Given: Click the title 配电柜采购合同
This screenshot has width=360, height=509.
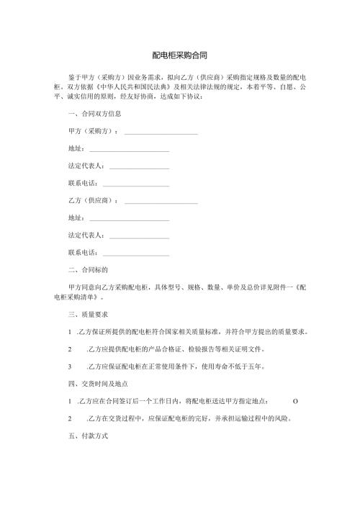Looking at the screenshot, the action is click(180, 55).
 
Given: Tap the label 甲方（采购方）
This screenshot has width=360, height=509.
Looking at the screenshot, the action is click(92, 132).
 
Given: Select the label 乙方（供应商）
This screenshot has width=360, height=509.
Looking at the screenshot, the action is click(92, 201).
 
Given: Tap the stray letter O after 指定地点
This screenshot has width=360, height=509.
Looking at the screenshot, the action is click(296, 402).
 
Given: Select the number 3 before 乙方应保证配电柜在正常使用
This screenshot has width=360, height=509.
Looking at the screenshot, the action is click(69, 366).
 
